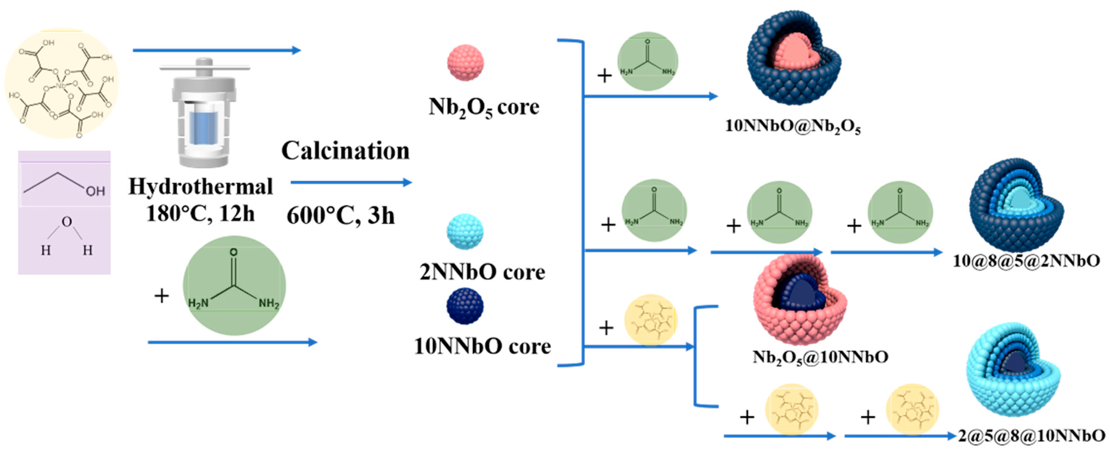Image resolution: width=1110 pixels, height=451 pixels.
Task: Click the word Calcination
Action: (345, 151)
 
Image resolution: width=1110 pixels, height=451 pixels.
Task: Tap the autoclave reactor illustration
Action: (204, 113)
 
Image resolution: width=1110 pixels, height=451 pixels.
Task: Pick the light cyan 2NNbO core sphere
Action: (465, 232)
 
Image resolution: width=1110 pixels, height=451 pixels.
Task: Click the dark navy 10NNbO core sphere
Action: (465, 306)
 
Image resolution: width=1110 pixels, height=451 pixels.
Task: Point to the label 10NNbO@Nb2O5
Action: (793, 126)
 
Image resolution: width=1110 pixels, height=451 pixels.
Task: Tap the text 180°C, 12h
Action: (200, 213)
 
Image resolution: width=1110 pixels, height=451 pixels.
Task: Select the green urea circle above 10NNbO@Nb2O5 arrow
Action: (648, 61)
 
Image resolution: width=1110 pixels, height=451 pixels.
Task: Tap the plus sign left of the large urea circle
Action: (162, 296)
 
